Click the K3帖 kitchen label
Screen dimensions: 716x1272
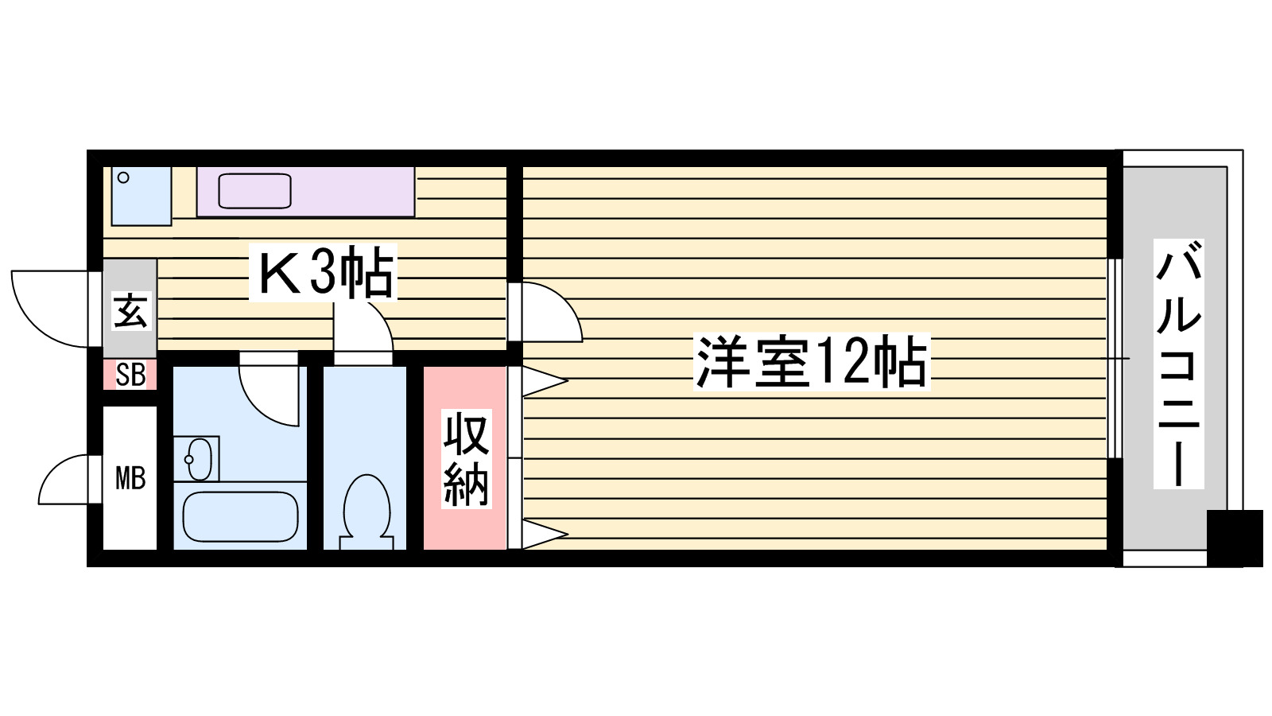tap(324, 274)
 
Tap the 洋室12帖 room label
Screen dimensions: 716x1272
tap(812, 363)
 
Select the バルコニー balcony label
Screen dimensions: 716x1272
tap(1178, 364)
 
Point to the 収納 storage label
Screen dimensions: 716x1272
tap(466, 460)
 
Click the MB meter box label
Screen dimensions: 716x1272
tap(130, 478)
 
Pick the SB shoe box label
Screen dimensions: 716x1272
tap(130, 375)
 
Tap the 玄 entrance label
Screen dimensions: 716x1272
tap(130, 310)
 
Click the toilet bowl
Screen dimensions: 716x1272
tap(366, 509)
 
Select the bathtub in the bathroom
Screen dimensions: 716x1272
tap(240, 516)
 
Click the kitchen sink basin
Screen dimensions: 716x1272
tap(254, 191)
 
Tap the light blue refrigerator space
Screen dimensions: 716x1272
tap(142, 196)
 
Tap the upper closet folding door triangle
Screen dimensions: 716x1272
tap(542, 381)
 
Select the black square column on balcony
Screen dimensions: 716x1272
tap(1234, 538)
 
